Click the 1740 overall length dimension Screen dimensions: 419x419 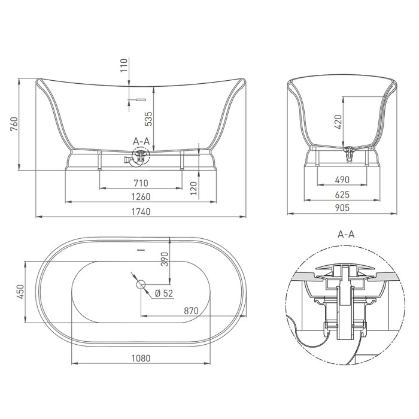pos(141,212)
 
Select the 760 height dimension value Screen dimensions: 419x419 pos(14,124)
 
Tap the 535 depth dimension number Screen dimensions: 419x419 pos(148,119)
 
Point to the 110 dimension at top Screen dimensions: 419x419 pos(124,65)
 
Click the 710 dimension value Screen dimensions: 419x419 pos(141,183)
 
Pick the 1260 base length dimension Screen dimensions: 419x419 pos(141,197)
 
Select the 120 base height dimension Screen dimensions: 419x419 pos(194,189)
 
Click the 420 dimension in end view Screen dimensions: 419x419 pos(338,122)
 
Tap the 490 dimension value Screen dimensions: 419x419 pos(342,180)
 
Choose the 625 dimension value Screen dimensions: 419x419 pos(342,195)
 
